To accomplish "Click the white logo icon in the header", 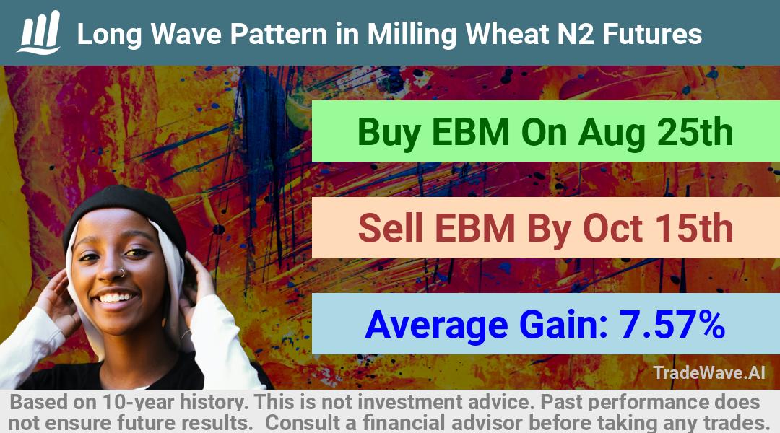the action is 39,32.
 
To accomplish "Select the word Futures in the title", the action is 652,35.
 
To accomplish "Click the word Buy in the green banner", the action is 389,134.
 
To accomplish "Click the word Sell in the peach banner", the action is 391,228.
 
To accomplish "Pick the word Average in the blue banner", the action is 436,326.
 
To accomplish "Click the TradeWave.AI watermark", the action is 709,372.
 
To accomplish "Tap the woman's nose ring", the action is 121,272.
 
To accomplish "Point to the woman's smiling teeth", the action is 117,297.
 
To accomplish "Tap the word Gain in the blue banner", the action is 563,325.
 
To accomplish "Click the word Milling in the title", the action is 412,35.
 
